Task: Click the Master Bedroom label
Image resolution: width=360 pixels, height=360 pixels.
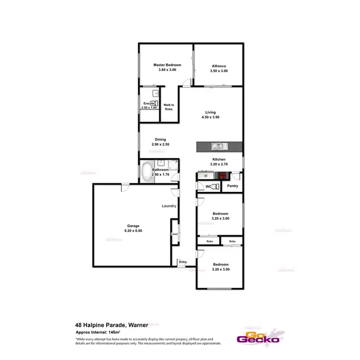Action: coord(167,65)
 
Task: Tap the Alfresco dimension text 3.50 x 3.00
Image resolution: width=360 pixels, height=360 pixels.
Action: coord(219,71)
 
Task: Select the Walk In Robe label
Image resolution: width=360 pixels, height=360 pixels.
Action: coord(168,107)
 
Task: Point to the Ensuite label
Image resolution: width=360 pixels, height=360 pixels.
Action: coord(148,104)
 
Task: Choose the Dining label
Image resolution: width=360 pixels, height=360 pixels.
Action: coord(160,140)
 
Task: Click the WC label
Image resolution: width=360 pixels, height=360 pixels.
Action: coord(208,186)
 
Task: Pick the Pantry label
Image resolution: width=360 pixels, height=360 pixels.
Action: coord(233,186)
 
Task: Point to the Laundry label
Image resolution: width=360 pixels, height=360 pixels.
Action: coord(169,206)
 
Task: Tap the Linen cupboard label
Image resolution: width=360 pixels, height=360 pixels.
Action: coord(175,234)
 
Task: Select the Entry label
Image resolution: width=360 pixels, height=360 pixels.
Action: coord(183,262)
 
